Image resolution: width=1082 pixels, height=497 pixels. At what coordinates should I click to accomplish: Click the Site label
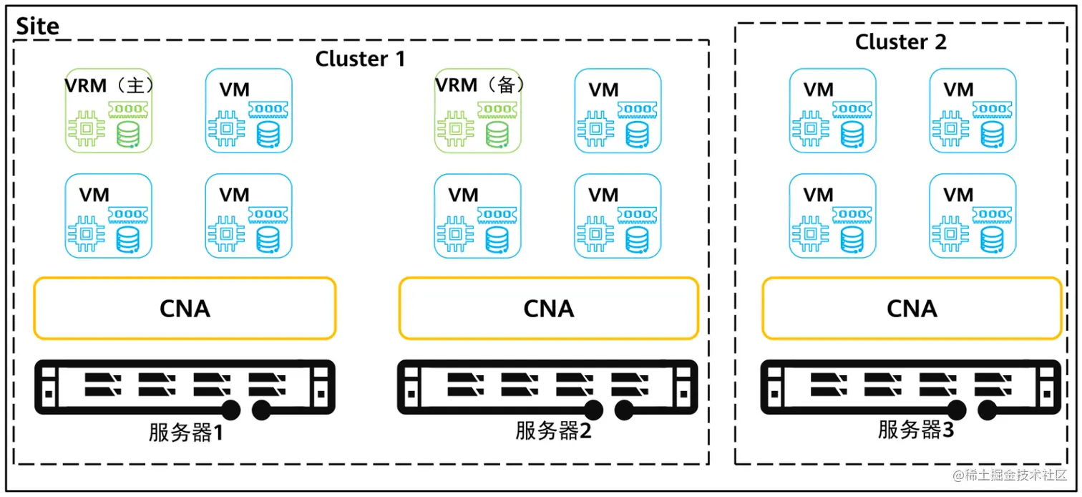pyautogui.click(x=37, y=26)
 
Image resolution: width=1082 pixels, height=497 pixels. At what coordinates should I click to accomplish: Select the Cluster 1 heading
pyautogui.click(x=360, y=58)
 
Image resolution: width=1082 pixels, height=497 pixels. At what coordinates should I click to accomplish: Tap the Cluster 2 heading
pyautogui.click(x=900, y=42)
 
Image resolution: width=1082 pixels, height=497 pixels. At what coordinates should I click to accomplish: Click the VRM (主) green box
pyautogui.click(x=108, y=111)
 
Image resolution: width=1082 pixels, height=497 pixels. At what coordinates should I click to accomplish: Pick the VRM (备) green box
pyautogui.click(x=477, y=111)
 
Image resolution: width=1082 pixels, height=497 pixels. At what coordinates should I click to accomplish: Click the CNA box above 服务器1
pyautogui.click(x=184, y=308)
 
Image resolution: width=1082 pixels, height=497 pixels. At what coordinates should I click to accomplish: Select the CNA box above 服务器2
pyautogui.click(x=548, y=308)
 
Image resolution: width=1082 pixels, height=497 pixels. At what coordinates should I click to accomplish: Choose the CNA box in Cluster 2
pyautogui.click(x=912, y=308)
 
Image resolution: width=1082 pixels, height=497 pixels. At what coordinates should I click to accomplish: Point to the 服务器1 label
pyautogui.click(x=186, y=433)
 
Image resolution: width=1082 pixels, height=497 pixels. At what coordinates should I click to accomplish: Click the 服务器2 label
pyautogui.click(x=553, y=431)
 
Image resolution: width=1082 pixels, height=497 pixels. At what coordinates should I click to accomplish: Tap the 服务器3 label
pyautogui.click(x=916, y=430)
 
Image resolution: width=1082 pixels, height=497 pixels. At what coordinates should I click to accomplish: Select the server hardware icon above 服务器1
pyautogui.click(x=185, y=387)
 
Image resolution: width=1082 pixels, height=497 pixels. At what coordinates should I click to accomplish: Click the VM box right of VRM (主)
pyautogui.click(x=248, y=111)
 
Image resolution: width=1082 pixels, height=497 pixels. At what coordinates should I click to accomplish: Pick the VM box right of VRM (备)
pyautogui.click(x=618, y=111)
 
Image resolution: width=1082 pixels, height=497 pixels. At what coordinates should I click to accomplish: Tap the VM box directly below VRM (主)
pyautogui.click(x=108, y=216)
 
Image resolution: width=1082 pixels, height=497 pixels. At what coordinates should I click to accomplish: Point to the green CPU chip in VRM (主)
pyautogui.click(x=87, y=129)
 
